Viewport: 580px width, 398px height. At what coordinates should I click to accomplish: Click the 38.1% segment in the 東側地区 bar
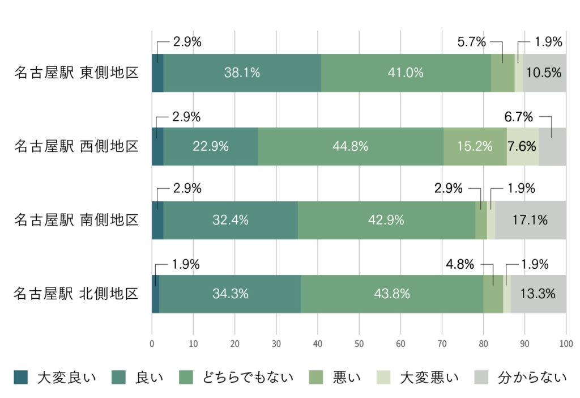coord(242,73)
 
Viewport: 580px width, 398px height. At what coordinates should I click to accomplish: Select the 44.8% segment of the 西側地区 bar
coord(351,146)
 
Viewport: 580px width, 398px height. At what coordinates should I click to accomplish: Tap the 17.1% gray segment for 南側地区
coord(530,220)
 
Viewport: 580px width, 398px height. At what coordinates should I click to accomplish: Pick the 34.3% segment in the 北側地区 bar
coord(230,294)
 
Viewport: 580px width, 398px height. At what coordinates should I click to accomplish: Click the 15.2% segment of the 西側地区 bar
coord(475,146)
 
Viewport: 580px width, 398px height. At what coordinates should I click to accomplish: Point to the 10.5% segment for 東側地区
coord(544,73)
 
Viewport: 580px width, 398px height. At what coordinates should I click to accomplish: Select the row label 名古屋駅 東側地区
coord(76,73)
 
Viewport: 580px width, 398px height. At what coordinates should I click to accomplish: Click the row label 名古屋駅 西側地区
coord(76,147)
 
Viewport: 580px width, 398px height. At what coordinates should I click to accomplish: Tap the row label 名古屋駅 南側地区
coord(76,220)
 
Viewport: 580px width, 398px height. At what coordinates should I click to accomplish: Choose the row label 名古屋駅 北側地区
coord(76,294)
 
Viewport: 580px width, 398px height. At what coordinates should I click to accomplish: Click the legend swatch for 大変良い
coord(20,376)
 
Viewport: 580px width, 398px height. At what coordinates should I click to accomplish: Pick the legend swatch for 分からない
coord(480,376)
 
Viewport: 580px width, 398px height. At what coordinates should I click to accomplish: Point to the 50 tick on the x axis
coord(359,343)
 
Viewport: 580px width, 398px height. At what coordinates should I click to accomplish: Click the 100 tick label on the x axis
coord(566,343)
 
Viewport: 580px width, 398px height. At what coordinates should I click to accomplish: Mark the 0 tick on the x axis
coord(152,343)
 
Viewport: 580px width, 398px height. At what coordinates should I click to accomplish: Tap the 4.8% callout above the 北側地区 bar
coord(459,264)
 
